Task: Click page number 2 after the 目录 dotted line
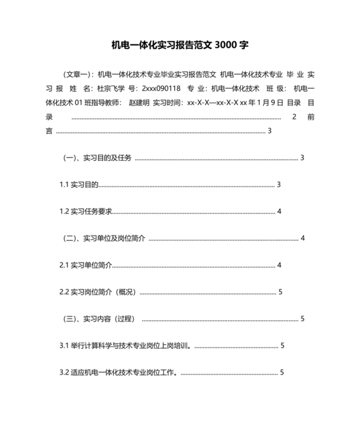click(294, 117)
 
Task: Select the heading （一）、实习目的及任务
click(97, 158)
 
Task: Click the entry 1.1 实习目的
click(78, 185)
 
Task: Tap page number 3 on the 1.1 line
click(279, 185)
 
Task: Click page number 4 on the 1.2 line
click(279, 212)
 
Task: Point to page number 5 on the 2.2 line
click(281, 292)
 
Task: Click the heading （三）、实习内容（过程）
click(99, 319)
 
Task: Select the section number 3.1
click(64, 346)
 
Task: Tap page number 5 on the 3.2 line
click(282, 373)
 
